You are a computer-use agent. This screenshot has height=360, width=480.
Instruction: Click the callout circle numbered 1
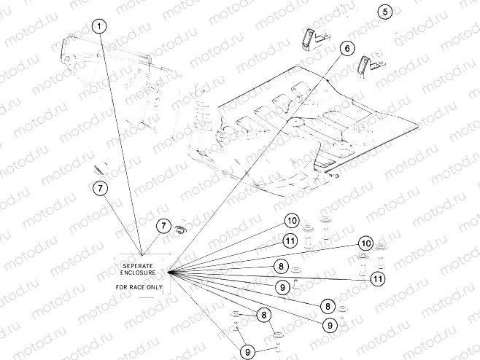[x=99, y=26]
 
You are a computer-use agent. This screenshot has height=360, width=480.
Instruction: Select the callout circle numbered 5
[x=384, y=12]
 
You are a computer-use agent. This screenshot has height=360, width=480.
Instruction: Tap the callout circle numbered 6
[x=347, y=48]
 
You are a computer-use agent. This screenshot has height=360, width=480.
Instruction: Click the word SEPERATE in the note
[x=138, y=266]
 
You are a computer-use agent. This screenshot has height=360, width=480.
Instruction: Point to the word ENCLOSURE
[x=138, y=273]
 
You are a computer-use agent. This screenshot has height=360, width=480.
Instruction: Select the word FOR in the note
[x=122, y=287]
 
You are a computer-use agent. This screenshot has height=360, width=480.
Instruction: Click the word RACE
[x=138, y=287]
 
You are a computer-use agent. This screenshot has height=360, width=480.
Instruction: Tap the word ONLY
[x=155, y=287]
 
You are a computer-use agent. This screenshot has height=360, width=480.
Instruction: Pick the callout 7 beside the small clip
[x=163, y=226]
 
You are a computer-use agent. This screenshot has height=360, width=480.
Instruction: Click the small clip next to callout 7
[x=181, y=230]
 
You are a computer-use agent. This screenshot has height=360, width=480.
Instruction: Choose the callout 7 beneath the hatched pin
[x=101, y=188]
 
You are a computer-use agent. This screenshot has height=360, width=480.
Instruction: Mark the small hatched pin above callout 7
[x=98, y=170]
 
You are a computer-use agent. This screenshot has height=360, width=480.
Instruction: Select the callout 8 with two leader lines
[x=264, y=315]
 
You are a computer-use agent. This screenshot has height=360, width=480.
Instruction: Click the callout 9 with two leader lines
[x=247, y=352]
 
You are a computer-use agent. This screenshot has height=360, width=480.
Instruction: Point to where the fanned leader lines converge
[x=168, y=271]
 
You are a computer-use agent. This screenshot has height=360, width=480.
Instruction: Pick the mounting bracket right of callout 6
[x=370, y=65]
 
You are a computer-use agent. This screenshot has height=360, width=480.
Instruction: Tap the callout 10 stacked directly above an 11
[x=292, y=221]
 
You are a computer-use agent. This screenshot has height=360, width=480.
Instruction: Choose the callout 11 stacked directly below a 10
[x=290, y=241]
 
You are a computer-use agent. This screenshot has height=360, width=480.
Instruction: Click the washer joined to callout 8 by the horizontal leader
[x=296, y=270]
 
